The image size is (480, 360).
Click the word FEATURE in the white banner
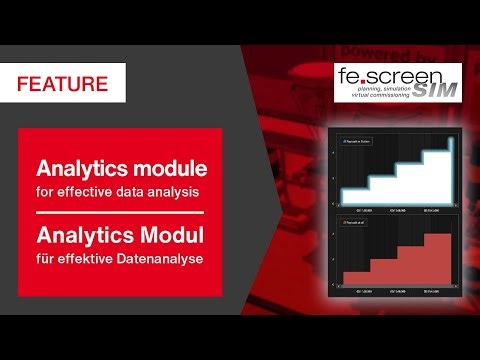(x=62, y=84)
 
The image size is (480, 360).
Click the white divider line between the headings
(x=119, y=212)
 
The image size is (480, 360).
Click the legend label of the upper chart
(x=357, y=143)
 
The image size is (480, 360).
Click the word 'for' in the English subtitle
(x=45, y=189)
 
